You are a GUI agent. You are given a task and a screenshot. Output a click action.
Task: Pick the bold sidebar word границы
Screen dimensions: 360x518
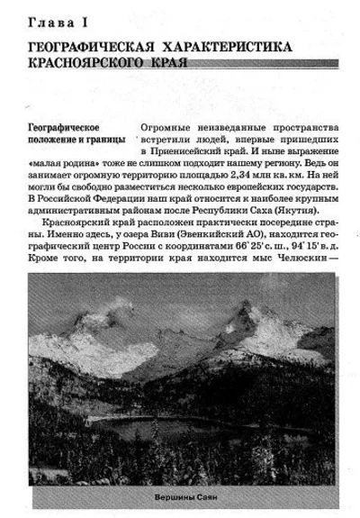[108, 141]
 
